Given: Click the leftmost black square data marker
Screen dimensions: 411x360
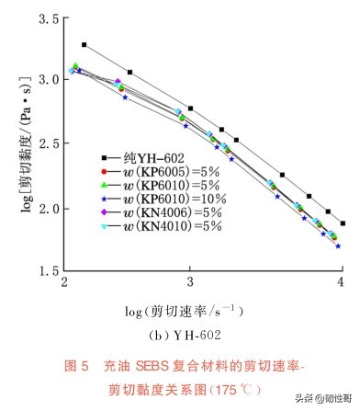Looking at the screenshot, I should [x=84, y=44].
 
